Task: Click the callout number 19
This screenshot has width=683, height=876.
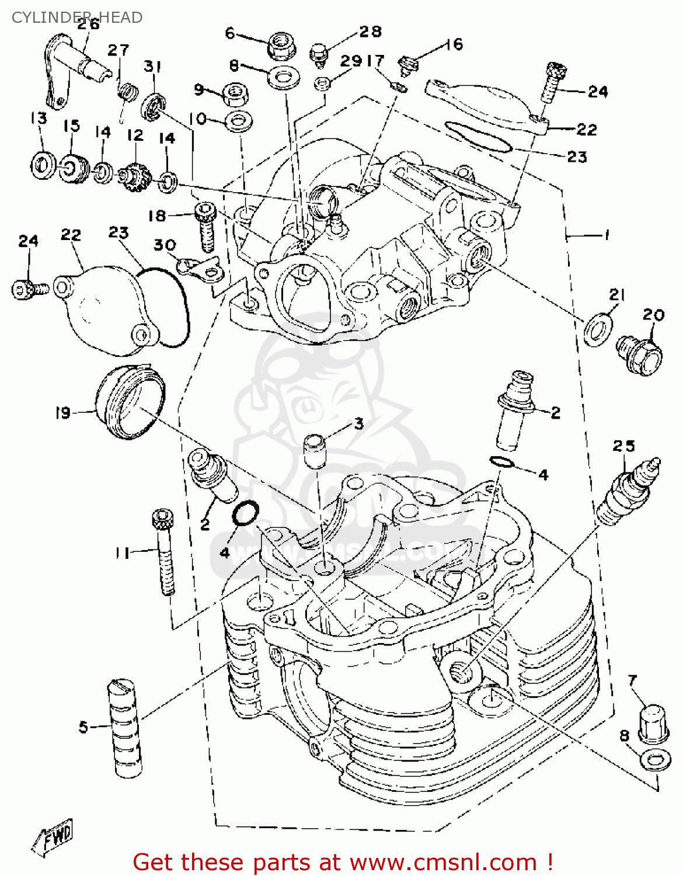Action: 62,413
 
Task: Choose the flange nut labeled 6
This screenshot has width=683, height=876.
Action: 280,46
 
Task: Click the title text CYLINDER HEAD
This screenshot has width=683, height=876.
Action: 76,18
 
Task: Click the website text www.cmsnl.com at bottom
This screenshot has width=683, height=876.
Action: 444,862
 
